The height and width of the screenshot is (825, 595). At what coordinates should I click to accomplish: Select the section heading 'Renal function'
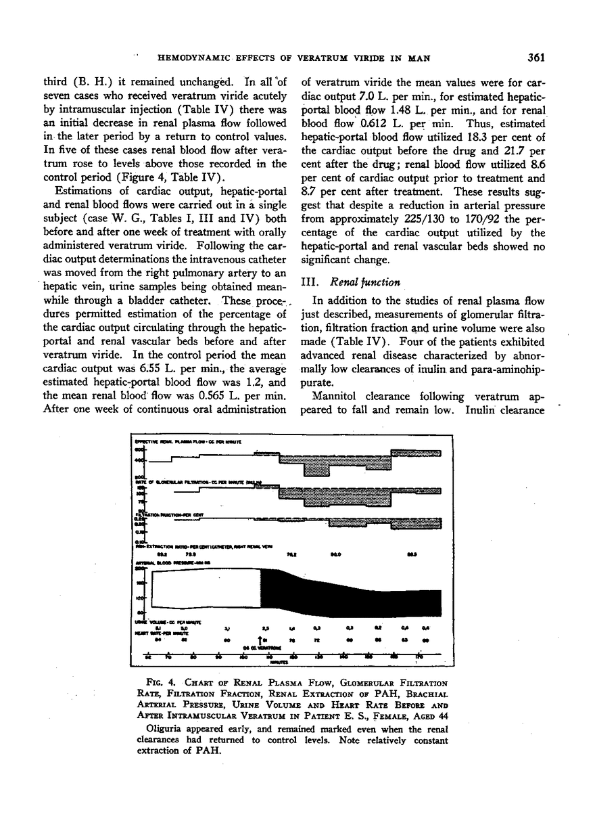click(x=363, y=282)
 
